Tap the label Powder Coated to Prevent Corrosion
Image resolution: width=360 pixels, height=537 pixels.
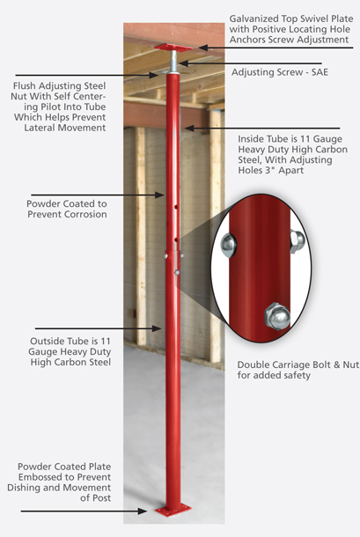[x=67, y=208]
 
